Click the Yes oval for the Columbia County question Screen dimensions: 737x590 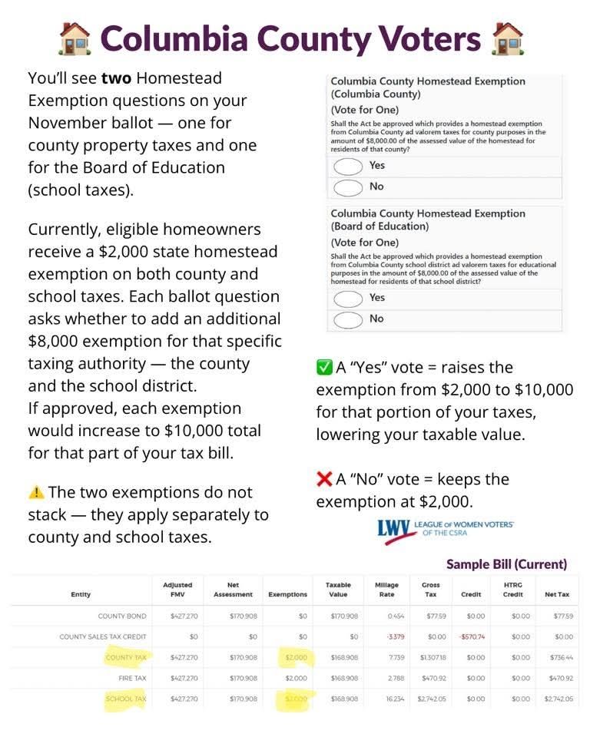coord(347,166)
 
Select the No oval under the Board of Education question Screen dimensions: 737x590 coord(347,319)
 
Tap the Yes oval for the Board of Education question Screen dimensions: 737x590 coord(347,298)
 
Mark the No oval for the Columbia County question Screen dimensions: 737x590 coord(347,187)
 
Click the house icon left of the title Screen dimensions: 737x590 coord(75,38)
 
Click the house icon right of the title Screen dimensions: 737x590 coord(508,38)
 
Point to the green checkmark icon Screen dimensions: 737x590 coord(324,368)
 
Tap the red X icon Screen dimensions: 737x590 coord(324,480)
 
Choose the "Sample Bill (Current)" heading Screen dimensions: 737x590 coord(506,564)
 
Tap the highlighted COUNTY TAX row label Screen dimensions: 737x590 coord(126,657)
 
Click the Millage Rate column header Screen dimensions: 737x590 coord(386,590)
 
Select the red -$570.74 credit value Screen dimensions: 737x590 coord(472,636)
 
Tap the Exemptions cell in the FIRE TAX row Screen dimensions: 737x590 coord(296,678)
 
